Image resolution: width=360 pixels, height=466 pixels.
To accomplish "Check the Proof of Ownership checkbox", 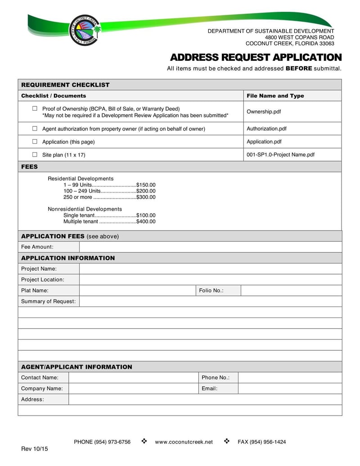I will [35, 109].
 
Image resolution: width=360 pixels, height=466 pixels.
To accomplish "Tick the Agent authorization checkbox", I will [35, 129].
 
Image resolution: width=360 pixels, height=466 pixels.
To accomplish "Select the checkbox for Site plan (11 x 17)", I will [35, 154].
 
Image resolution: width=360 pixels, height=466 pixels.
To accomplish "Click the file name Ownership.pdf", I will [264, 112].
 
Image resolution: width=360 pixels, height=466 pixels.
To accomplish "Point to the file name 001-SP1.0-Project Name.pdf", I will [280, 154].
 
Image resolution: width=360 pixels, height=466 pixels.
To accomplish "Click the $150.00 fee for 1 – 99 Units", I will [146, 185].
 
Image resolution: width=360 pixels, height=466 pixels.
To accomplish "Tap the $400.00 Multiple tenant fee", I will [146, 222].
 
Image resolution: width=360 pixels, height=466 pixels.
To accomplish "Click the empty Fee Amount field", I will [210, 247].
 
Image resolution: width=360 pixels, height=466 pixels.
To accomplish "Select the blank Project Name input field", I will [210, 269].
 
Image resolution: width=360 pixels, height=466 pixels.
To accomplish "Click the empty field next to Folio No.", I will [291, 290].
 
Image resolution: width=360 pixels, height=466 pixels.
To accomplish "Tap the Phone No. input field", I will [290, 377].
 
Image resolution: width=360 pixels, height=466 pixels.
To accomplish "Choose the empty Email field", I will [290, 389].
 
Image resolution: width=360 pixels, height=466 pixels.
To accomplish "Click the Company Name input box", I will [133, 389].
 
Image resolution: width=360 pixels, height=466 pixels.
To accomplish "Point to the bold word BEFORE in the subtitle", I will [299, 68].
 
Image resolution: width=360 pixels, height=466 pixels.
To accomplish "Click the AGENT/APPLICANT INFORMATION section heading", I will [76, 367].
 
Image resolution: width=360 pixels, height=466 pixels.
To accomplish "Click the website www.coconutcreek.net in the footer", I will [184, 442].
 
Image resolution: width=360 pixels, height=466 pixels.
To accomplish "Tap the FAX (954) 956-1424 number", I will [261, 442].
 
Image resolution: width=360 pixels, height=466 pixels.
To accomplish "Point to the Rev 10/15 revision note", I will [35, 450].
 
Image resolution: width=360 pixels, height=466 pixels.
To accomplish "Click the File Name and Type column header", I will [275, 96].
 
